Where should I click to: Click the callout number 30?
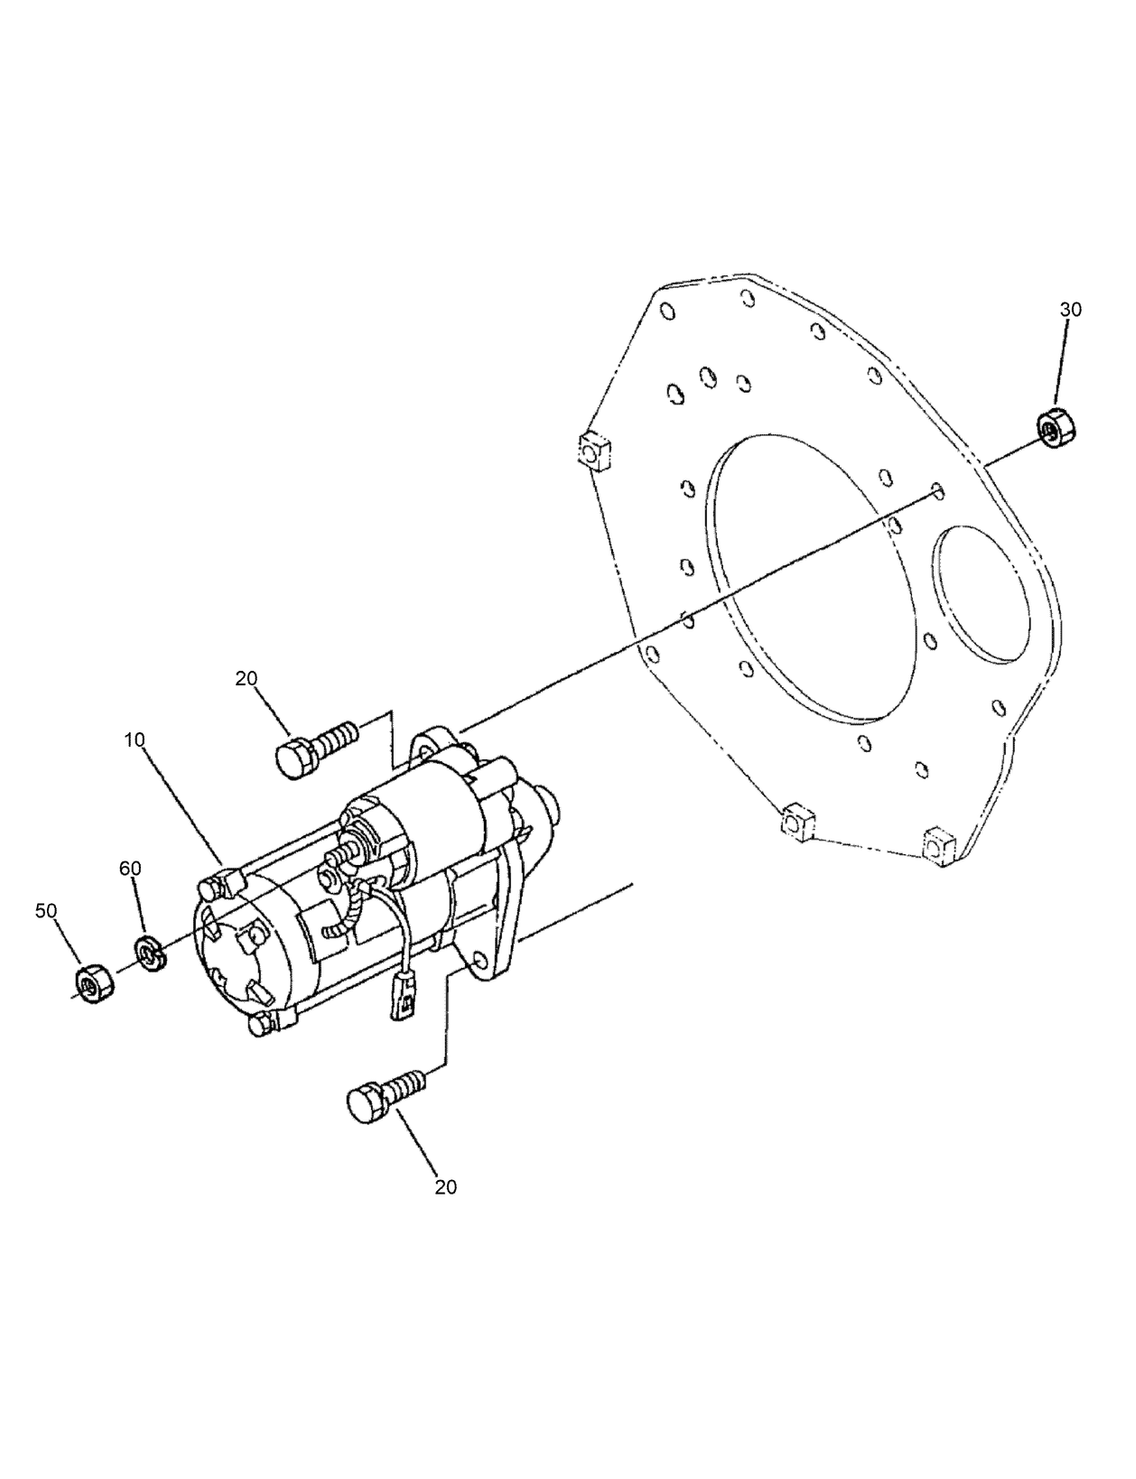(1070, 309)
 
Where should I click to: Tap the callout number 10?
(134, 739)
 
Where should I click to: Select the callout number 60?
(130, 868)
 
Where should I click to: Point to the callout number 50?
(46, 910)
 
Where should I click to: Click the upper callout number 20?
(247, 679)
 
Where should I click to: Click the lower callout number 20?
(445, 1187)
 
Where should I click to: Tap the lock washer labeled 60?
(148, 953)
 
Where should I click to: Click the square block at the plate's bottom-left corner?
(796, 822)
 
